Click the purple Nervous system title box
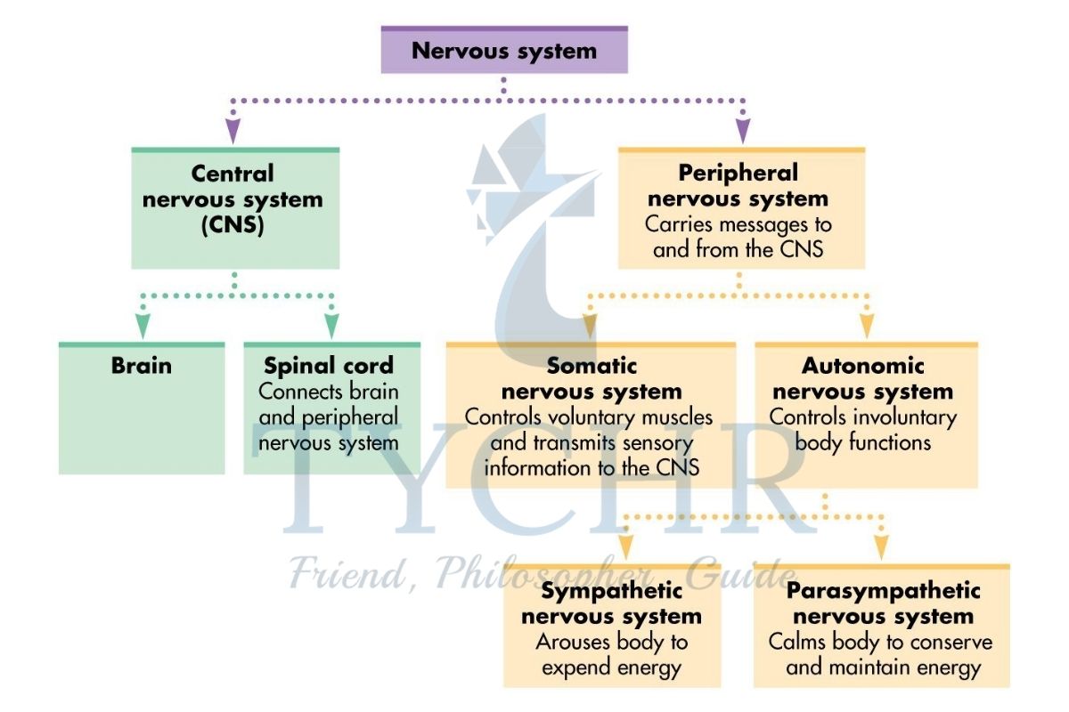[x=504, y=50]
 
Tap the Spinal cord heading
[x=330, y=366]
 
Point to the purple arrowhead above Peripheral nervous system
[x=743, y=132]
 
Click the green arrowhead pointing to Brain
[x=142, y=325]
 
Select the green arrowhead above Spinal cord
[x=331, y=325]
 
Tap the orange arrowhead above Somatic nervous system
[x=590, y=325]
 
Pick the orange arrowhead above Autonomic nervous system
[x=866, y=325]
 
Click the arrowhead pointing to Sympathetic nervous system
[x=626, y=545]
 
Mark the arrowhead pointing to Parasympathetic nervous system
[x=881, y=545]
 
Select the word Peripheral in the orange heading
[x=739, y=172]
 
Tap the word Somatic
[x=592, y=366]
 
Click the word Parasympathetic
[x=883, y=591]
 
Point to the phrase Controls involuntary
[x=863, y=417]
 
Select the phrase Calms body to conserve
[x=880, y=642]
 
